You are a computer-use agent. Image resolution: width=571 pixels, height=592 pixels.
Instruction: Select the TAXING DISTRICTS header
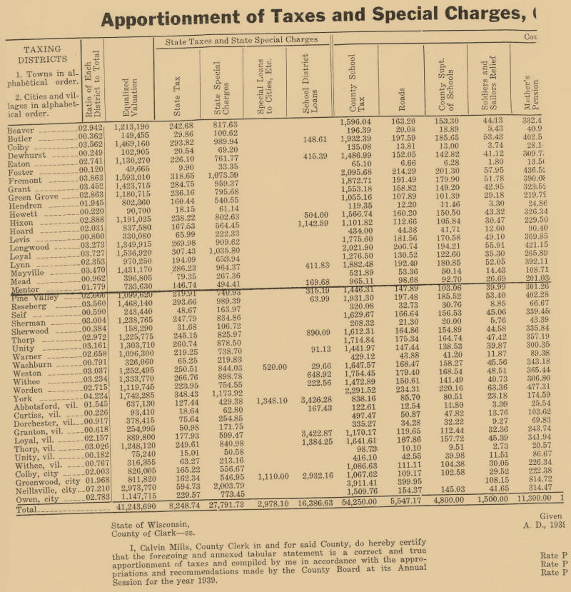(43, 54)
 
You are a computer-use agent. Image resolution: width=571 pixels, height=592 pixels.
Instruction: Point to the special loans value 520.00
(274, 367)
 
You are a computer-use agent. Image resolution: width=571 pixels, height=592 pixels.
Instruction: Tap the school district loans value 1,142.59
(314, 224)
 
